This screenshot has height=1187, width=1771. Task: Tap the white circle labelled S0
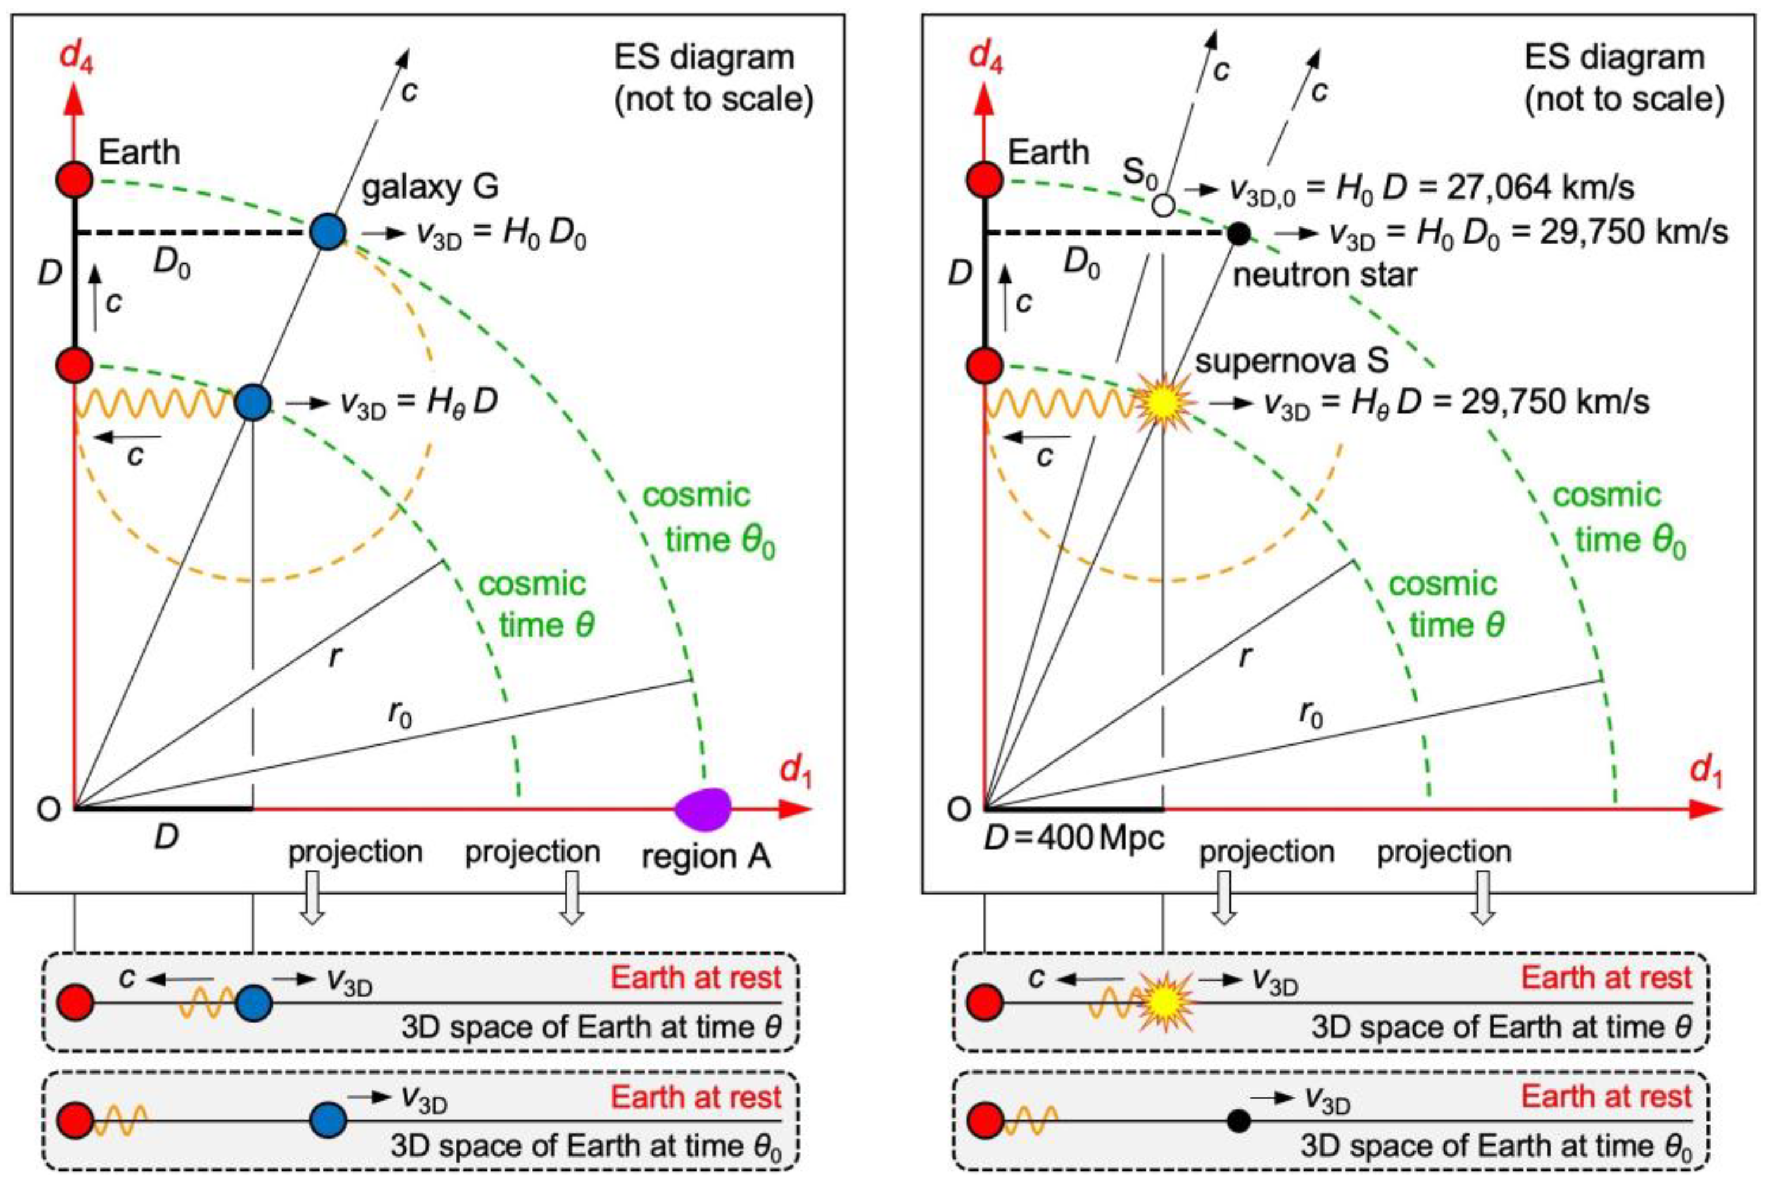[x=1163, y=205]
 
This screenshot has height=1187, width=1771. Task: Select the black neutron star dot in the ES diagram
[x=1238, y=233]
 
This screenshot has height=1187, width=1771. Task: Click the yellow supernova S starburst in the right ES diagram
[x=1163, y=403]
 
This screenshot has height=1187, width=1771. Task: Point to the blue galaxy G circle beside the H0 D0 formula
[x=328, y=232]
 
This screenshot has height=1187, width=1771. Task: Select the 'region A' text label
[x=705, y=857]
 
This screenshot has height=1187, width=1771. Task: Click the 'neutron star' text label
[x=1325, y=274]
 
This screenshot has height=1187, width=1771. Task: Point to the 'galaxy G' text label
[x=430, y=186]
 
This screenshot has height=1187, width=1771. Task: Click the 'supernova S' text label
[x=1291, y=361]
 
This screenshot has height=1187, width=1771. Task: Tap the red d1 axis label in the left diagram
[x=794, y=773]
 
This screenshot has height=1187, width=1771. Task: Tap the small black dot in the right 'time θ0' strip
[x=1238, y=1120]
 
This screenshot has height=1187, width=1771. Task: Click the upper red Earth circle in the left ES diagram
[x=75, y=181]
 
